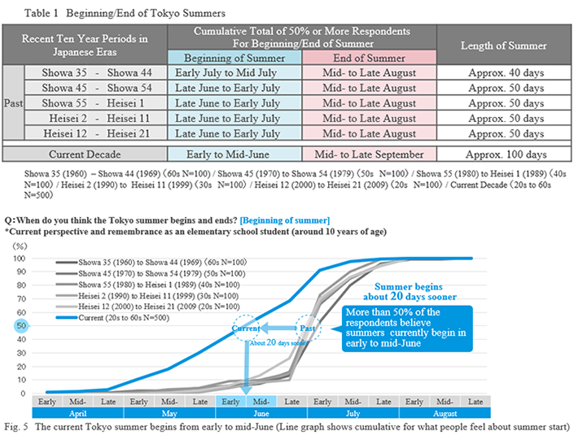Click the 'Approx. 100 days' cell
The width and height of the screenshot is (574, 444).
pos(504,155)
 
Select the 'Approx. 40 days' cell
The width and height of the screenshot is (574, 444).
pos(504,73)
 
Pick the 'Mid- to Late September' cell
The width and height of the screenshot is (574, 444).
pos(369,155)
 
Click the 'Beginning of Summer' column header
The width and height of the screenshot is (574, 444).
pos(234,58)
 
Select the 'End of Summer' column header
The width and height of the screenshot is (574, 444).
pos(369,58)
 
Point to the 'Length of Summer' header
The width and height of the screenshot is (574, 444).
pos(504,45)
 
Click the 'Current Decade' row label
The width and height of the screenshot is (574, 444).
pos(85,155)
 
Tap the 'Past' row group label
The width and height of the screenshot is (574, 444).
pos(14,103)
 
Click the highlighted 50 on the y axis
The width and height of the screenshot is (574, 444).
pos(21,325)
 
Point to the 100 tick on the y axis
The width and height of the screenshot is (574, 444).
pos(20,259)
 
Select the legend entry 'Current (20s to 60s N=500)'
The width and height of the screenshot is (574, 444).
pos(112,317)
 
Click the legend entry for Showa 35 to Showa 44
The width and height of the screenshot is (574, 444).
pos(151,262)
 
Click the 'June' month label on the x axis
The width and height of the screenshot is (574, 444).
pos(261,413)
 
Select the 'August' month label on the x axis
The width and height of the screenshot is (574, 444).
pos(445,413)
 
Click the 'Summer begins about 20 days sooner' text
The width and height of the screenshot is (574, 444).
pos(410,291)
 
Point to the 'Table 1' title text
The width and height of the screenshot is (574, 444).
pos(41,13)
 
